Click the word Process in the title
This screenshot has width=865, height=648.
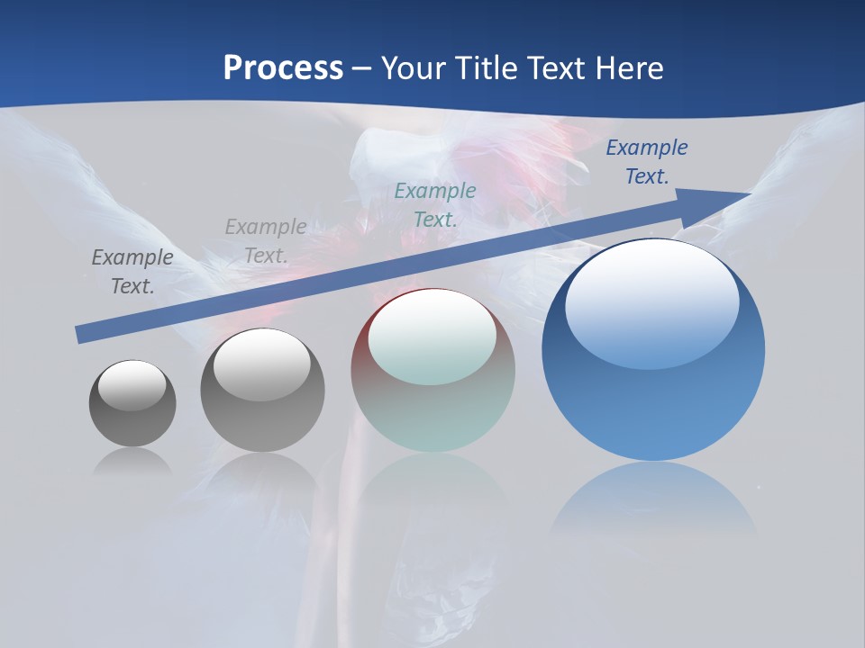pyautogui.click(x=283, y=68)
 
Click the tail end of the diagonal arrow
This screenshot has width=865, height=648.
pyautogui.click(x=81, y=334)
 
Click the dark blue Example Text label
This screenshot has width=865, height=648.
pyautogui.click(x=646, y=162)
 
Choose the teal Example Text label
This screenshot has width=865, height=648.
pyautogui.click(x=435, y=204)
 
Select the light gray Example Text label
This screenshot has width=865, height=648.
pyautogui.click(x=266, y=241)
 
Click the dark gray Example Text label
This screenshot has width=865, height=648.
pyautogui.click(x=132, y=271)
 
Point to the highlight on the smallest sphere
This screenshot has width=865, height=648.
pyautogui.click(x=132, y=385)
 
